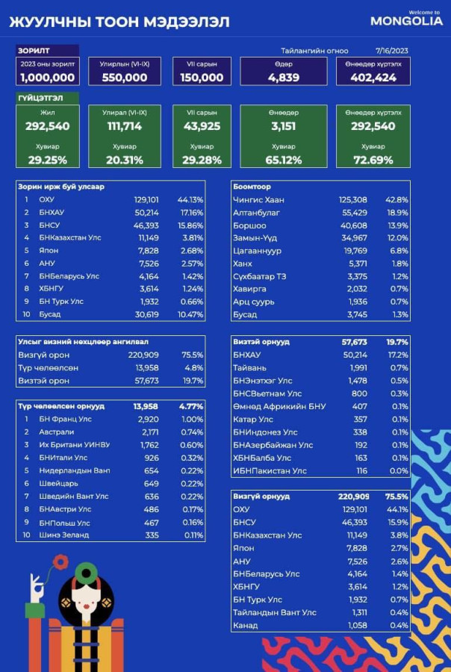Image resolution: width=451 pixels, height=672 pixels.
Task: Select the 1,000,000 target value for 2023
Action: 47,78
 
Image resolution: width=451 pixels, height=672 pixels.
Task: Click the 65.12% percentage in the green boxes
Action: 284,161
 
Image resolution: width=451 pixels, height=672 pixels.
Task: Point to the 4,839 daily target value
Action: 283,78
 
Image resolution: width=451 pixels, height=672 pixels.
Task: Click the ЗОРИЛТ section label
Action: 34,51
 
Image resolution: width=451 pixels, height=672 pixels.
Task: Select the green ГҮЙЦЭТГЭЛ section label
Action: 40,98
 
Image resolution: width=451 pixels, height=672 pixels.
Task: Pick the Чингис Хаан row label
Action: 258,200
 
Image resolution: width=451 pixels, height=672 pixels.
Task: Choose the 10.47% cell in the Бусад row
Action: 190,314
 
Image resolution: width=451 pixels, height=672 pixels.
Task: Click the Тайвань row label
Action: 250,368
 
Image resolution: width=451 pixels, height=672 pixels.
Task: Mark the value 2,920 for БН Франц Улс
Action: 149,419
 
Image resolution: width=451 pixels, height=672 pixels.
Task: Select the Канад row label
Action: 246,625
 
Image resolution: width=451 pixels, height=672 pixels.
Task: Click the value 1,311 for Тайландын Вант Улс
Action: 359,612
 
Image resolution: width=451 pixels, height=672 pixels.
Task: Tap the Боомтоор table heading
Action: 252,187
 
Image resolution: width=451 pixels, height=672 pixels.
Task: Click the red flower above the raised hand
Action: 61,561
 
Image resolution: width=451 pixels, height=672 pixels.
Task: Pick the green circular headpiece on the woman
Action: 88,573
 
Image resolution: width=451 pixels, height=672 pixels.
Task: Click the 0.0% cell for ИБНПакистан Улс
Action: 400,471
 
